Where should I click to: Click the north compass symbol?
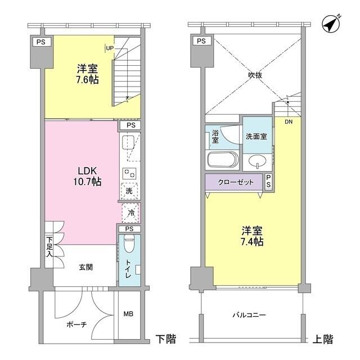click(x=331, y=24)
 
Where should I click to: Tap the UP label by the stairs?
click(x=110, y=48)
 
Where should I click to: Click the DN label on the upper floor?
click(x=289, y=122)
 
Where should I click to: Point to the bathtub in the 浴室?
click(x=222, y=160)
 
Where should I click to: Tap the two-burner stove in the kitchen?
click(x=129, y=173)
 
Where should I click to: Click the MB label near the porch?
click(x=128, y=314)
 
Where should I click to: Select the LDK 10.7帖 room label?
click(x=87, y=176)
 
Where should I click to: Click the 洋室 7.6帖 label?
click(x=87, y=74)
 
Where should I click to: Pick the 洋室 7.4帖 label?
click(x=252, y=236)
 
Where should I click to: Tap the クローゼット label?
click(x=236, y=182)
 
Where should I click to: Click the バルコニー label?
click(x=249, y=315)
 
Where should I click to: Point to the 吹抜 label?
click(x=255, y=75)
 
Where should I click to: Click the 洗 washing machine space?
click(x=129, y=191)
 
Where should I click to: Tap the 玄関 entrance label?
click(x=86, y=267)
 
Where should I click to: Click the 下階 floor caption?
click(x=166, y=339)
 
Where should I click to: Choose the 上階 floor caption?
click(x=323, y=339)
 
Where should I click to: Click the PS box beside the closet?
click(x=268, y=182)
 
